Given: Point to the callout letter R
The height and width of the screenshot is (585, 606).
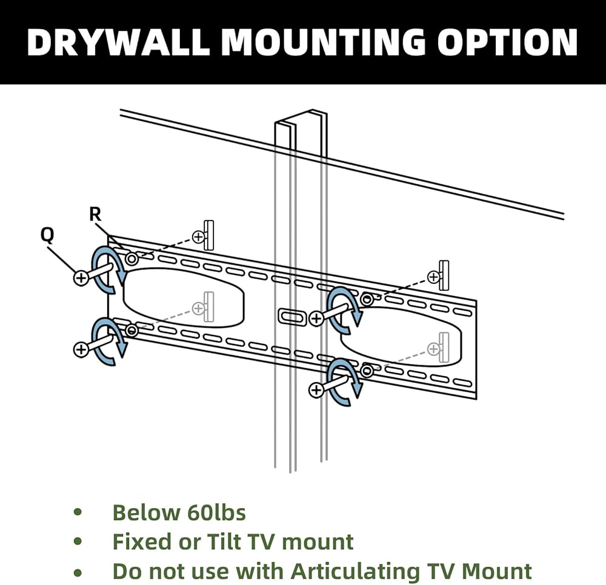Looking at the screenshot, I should [x=95, y=214].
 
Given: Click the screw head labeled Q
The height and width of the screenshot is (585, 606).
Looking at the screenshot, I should [x=81, y=277].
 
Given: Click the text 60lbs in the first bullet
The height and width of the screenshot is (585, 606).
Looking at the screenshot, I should [x=213, y=513].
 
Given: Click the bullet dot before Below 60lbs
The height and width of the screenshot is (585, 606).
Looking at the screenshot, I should [x=78, y=513].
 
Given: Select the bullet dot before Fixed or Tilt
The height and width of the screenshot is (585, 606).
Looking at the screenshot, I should [x=78, y=541].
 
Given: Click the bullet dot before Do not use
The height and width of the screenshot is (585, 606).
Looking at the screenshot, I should [x=78, y=570].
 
